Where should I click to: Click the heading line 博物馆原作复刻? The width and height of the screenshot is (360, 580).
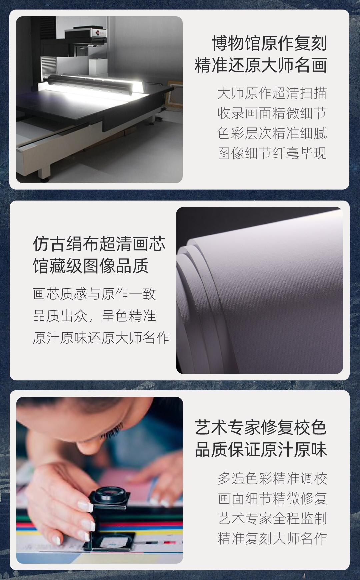pyautogui.click(x=269, y=43)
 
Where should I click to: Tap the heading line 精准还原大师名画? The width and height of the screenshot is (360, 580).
pyautogui.click(x=261, y=65)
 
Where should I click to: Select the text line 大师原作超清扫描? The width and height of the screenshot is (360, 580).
pyautogui.click(x=272, y=93)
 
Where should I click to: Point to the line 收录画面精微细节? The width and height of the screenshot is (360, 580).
pyautogui.click(x=272, y=113)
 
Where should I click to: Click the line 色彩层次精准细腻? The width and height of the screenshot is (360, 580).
pyautogui.click(x=272, y=133)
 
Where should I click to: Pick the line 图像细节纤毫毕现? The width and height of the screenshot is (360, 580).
pyautogui.click(x=272, y=153)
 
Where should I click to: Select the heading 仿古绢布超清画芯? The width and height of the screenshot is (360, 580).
pyautogui.click(x=99, y=244)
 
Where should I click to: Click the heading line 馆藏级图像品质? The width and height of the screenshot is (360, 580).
pyautogui.click(x=91, y=266)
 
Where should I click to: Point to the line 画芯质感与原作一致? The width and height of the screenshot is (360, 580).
pyautogui.click(x=94, y=294)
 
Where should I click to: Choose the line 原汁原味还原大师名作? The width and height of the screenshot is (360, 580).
pyautogui.click(x=101, y=338)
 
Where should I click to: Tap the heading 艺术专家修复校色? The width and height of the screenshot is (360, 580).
pyautogui.click(x=261, y=428)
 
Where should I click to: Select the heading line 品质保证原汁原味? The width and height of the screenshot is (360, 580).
pyautogui.click(x=261, y=450)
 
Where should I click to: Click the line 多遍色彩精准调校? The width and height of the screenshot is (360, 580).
pyautogui.click(x=272, y=479)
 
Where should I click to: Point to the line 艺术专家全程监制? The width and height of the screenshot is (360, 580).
pyautogui.click(x=272, y=519)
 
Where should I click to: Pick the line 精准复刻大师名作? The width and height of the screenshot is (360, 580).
pyautogui.click(x=272, y=539)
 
